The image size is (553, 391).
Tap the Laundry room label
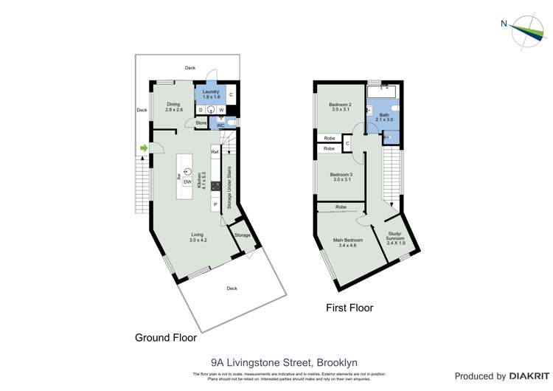click(x=211, y=94)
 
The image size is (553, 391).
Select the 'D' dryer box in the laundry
click(x=201, y=110)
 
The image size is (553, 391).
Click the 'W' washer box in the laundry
click(x=220, y=110)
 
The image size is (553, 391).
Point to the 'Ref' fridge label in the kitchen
click(x=215, y=152)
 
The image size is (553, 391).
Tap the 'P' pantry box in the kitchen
click(x=215, y=204)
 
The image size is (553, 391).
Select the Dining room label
click(x=173, y=107)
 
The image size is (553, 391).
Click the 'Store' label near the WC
click(x=201, y=122)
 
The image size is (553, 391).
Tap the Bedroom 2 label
click(x=340, y=107)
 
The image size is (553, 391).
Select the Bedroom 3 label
click(x=340, y=177)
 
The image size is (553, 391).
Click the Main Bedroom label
click(x=348, y=242)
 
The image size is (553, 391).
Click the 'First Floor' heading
click(x=349, y=308)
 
